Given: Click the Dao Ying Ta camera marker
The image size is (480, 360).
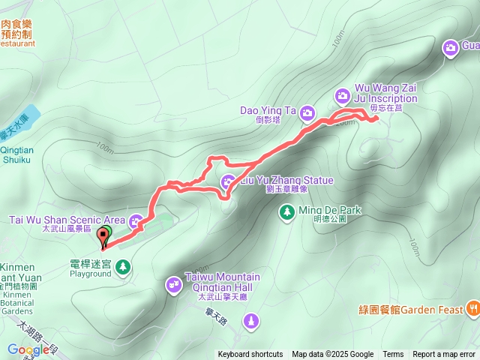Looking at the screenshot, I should (x=307, y=113).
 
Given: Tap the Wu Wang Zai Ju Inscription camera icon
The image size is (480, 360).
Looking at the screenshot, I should (x=342, y=95).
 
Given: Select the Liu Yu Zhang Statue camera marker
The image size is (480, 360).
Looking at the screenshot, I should (x=228, y=181).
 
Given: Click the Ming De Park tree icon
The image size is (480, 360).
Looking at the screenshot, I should (x=286, y=213).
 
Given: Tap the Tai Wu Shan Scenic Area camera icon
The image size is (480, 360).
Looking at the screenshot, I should (x=136, y=220).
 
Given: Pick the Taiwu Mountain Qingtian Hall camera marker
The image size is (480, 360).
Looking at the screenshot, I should (x=174, y=283).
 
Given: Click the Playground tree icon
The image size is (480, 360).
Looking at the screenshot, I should (x=122, y=265).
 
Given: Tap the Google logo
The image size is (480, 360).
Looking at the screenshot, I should (x=28, y=349).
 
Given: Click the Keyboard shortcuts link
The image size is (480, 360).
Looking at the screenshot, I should (x=250, y=355).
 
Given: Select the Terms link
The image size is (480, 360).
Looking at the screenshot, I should (x=393, y=355).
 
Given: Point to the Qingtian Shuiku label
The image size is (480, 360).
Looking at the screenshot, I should (x=16, y=154).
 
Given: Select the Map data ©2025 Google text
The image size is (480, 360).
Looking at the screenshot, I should (x=333, y=355).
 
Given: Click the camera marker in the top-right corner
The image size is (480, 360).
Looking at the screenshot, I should (x=451, y=48).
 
